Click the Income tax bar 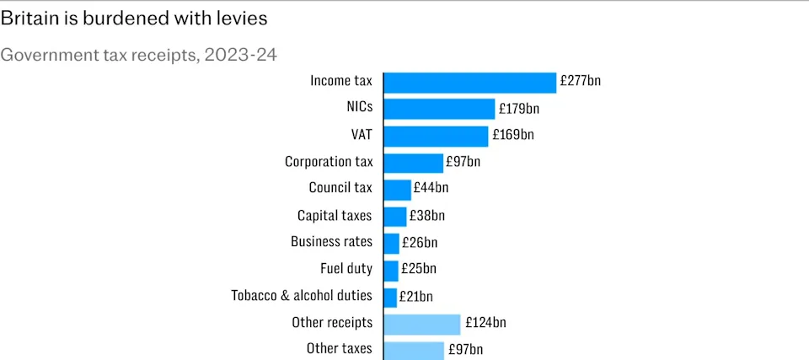pyautogui.click(x=469, y=82)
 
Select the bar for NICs pyautogui.click(x=439, y=109)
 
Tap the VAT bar pyautogui.click(x=436, y=136)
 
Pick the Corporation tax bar pyautogui.click(x=413, y=163)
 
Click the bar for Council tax pyautogui.click(x=397, y=189)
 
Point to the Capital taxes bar pyautogui.click(x=394, y=216)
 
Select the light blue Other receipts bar pyautogui.click(x=422, y=324)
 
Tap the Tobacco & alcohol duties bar pyautogui.click(x=390, y=297)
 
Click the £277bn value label pyautogui.click(x=580, y=82)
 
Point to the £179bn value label pyautogui.click(x=519, y=109)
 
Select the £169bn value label pyautogui.click(x=512, y=135)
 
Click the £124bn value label pyautogui.click(x=485, y=323)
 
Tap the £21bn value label pyautogui.click(x=416, y=297)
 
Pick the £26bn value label pyautogui.click(x=420, y=243)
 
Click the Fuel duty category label pyautogui.click(x=346, y=269)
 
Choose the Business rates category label pyautogui.click(x=331, y=242)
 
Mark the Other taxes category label pyautogui.click(x=339, y=349)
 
